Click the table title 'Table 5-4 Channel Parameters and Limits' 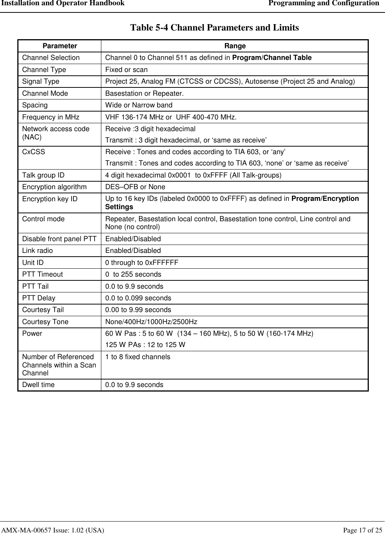coord(214,28)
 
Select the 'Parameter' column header coord(60,46)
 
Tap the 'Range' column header coord(235,46)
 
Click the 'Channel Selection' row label coord(51,58)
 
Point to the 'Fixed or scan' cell coord(126,70)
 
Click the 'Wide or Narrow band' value coord(139,105)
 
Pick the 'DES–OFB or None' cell coord(135,187)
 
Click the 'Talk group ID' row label coord(43,175)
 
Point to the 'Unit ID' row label coord(33,263)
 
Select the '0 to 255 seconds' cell coord(133,274)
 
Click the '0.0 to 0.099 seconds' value coord(138,298)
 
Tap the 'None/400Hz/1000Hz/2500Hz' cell coord(151,322)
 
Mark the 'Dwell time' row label coord(38,385)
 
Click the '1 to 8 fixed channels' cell coord(137,357)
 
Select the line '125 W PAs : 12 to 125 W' coord(145,345)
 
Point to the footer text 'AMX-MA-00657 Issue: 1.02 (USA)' coord(53,530)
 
